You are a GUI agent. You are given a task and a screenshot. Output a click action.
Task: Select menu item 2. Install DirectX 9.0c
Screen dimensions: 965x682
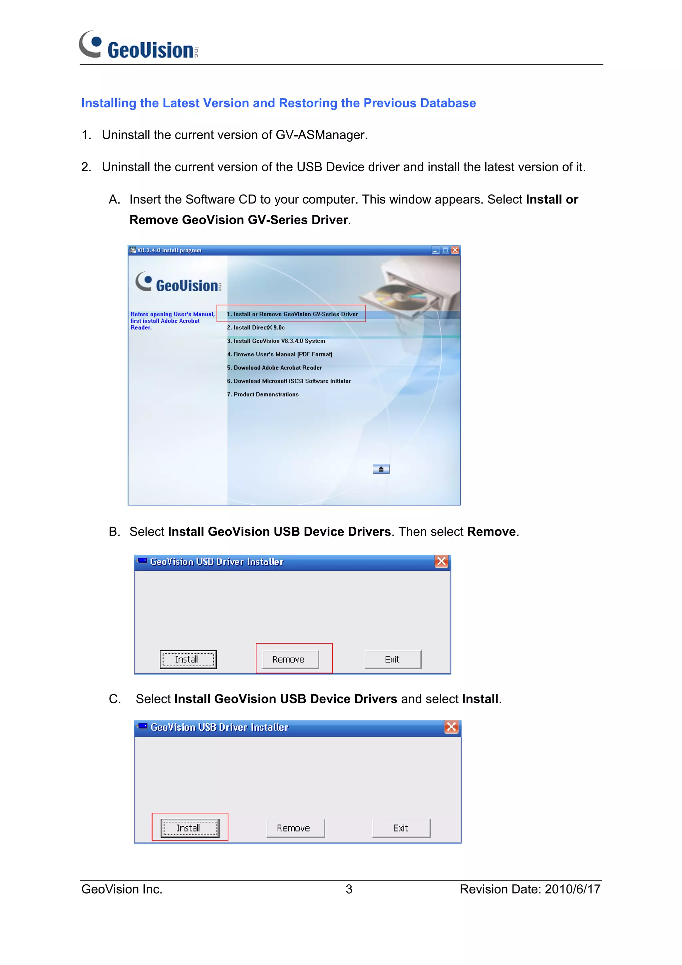255,327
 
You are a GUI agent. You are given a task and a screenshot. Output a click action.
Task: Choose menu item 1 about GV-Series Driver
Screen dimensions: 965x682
292,314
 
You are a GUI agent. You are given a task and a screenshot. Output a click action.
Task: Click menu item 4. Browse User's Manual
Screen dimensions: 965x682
279,354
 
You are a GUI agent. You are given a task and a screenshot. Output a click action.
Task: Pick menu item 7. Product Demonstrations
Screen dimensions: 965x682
263,394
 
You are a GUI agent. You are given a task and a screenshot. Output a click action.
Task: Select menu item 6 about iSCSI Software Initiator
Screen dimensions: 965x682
289,381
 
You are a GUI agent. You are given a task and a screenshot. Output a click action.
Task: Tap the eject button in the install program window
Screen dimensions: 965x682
381,469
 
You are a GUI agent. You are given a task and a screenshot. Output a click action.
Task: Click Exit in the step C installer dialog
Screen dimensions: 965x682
401,828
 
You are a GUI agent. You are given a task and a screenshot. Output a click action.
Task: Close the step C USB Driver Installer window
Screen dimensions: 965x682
451,727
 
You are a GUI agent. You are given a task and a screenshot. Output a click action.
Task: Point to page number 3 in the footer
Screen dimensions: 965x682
349,889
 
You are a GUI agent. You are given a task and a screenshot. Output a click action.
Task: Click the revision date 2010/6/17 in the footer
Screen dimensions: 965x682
572,889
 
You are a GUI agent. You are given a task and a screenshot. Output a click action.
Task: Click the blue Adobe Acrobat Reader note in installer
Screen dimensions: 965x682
172,321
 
